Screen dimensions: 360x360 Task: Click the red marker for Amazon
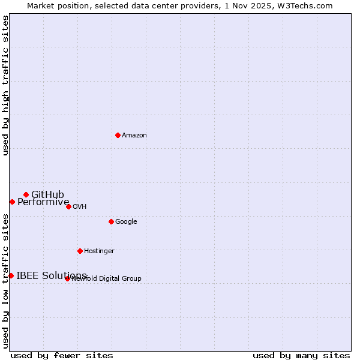click(118, 135)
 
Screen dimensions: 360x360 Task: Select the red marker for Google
click(111, 221)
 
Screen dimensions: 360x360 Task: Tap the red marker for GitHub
click(26, 194)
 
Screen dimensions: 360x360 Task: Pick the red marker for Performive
click(12, 202)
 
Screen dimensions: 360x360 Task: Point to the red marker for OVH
click(68, 206)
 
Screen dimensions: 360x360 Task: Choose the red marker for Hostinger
click(80, 251)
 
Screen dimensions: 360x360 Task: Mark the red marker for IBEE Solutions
click(11, 275)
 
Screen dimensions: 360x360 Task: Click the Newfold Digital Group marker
click(67, 278)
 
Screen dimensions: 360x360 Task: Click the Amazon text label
click(134, 135)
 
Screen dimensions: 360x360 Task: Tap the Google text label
click(126, 221)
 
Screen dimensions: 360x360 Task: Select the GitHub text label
click(47, 194)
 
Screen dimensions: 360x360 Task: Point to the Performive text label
click(43, 202)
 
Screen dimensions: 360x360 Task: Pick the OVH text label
click(79, 206)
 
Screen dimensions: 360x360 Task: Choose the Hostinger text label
click(99, 251)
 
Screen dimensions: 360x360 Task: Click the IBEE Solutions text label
click(51, 275)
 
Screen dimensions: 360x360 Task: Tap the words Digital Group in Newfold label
click(120, 278)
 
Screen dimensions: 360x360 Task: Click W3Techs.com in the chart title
click(305, 5)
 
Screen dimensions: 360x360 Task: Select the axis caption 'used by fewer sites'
click(62, 355)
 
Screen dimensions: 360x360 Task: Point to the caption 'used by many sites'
click(301, 355)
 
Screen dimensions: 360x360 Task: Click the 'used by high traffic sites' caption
click(5, 85)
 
